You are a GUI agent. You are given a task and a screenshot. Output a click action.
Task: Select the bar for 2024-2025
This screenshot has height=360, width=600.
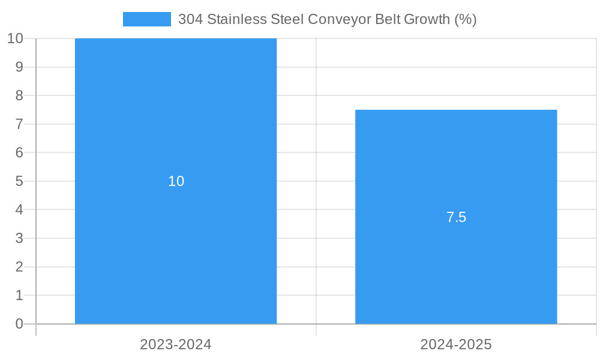tap(456, 270)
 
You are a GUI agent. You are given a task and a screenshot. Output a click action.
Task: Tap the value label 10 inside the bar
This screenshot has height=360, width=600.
tap(176, 181)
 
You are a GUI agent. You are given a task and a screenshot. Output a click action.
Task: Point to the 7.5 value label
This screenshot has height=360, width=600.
tap(456, 217)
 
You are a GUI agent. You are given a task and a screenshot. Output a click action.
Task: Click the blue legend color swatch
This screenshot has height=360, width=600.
tap(147, 19)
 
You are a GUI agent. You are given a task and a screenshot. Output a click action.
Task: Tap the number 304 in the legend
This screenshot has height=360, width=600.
tap(191, 19)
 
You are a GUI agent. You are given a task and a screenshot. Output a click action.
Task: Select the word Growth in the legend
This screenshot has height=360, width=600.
tap(427, 19)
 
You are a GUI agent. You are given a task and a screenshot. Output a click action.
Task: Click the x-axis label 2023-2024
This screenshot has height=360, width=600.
tap(176, 344)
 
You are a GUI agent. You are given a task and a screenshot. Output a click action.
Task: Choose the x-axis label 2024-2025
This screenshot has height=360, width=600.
tap(456, 344)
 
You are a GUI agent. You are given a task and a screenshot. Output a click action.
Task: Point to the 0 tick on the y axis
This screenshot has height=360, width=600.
tap(19, 324)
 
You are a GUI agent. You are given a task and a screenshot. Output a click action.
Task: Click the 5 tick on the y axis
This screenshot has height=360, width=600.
tap(19, 181)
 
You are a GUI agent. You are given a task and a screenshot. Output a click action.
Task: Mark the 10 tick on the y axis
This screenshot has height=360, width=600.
tap(15, 38)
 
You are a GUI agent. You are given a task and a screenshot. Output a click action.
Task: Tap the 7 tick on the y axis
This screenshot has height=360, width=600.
tap(19, 124)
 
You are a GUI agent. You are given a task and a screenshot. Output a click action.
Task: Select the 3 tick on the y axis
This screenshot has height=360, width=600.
tap(19, 238)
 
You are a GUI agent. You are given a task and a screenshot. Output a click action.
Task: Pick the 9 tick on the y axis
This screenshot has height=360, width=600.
tap(19, 67)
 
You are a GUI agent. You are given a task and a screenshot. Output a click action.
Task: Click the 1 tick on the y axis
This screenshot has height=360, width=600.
tap(19, 295)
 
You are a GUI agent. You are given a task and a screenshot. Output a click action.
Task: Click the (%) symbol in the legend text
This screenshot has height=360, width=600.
tap(465, 19)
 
